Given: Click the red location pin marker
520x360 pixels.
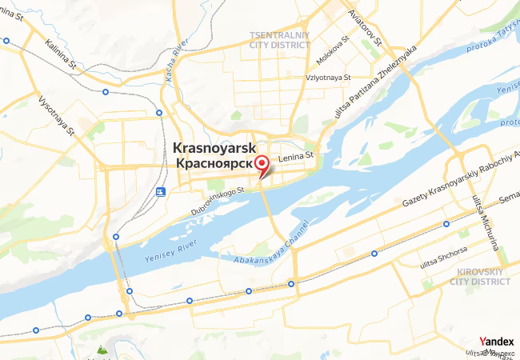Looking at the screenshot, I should (261, 165).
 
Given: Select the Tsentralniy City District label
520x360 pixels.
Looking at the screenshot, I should (279, 40).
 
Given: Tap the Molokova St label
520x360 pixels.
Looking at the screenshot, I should (334, 47).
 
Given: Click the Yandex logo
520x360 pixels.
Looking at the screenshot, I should (496, 341).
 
